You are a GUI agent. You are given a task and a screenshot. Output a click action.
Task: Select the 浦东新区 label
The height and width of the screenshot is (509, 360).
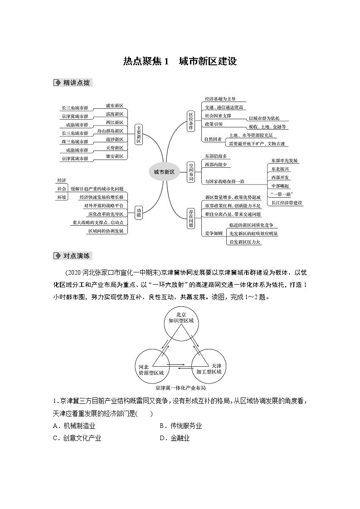pos(114,106)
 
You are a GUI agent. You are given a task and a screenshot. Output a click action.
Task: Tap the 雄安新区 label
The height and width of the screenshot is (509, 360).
pos(114,156)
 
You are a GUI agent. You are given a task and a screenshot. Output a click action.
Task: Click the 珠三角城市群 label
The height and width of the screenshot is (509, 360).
pos(75,142)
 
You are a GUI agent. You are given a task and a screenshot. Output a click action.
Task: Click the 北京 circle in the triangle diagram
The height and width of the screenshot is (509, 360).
pos(180,323)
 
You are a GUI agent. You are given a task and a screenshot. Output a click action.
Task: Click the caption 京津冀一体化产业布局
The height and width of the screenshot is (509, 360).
pos(180,388)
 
